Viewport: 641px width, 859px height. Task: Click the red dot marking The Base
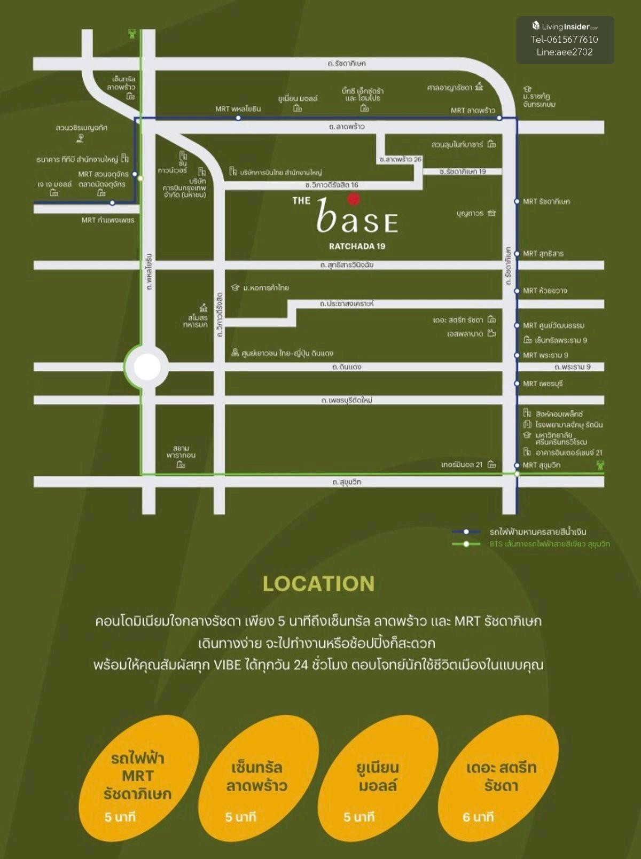tap(353, 200)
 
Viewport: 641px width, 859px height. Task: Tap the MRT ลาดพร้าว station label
tap(473, 111)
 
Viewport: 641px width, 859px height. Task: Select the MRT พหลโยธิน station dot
tap(238, 118)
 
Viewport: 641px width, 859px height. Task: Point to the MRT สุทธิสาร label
tap(543, 254)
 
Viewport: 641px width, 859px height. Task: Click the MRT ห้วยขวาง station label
tap(544, 291)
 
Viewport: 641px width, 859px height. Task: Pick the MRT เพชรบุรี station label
tap(542, 384)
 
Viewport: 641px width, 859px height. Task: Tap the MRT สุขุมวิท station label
tap(541, 465)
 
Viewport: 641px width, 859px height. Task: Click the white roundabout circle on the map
tap(147, 367)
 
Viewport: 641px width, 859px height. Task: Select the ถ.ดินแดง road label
tap(347, 367)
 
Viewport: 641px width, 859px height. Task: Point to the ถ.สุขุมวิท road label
tap(347, 482)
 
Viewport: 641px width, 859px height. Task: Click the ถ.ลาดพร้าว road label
tap(347, 127)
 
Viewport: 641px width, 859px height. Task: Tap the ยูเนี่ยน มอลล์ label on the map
tap(298, 99)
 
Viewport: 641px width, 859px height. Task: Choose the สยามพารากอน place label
tap(181, 452)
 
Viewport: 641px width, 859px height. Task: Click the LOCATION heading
tap(319, 583)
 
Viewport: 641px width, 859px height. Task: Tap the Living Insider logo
tap(565, 26)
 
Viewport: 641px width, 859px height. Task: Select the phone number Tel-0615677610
tap(565, 39)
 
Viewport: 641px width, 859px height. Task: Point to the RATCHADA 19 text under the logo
tap(357, 246)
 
